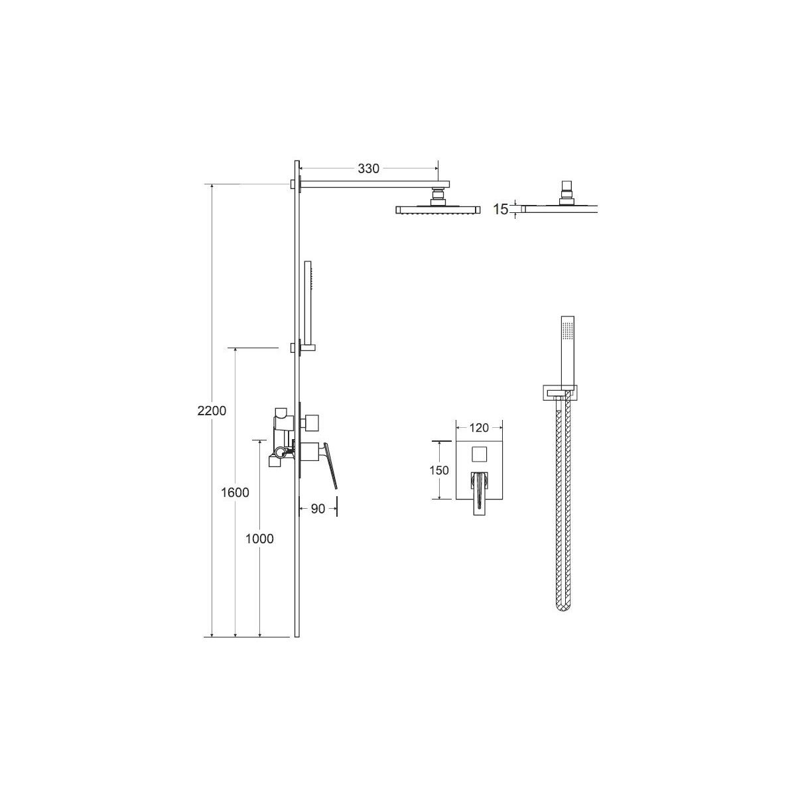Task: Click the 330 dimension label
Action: tap(368, 168)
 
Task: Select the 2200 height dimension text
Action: tap(212, 411)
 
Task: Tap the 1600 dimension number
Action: tap(235, 492)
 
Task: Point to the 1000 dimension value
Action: tap(259, 539)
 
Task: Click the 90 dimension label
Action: tap(318, 509)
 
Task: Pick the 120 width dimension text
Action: tap(479, 428)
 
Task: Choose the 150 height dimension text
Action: tap(439, 470)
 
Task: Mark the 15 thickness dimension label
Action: tap(500, 210)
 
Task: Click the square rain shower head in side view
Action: tap(438, 210)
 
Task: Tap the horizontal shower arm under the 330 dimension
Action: tap(374, 184)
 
